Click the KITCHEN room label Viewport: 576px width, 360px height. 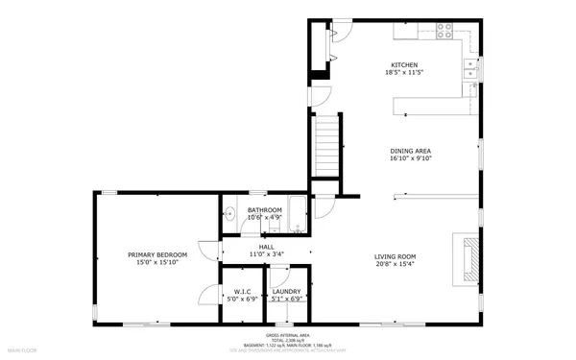(403, 64)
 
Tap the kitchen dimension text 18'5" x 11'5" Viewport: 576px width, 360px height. (403, 73)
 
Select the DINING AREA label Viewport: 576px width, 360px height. (410, 151)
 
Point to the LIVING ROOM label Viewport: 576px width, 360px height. (395, 255)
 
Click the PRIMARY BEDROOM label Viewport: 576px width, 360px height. (157, 254)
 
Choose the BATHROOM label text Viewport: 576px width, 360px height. (264, 209)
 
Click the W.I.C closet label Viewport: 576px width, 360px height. (243, 291)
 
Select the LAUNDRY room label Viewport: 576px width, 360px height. (287, 291)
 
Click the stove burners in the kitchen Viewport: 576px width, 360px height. (445, 30)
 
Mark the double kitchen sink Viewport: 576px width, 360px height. (469, 67)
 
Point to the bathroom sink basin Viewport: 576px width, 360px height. (230, 214)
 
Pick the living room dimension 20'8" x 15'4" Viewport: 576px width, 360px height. (395, 264)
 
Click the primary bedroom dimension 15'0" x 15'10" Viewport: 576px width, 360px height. (157, 263)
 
